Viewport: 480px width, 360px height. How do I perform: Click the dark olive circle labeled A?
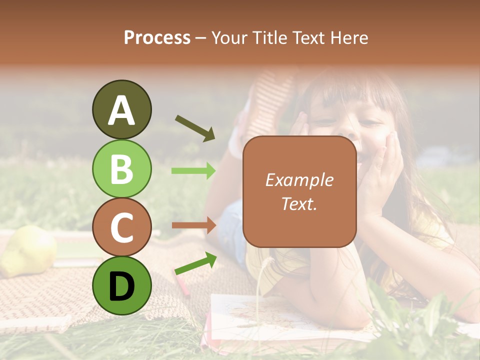121,109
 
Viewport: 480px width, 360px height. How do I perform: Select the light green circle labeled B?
121,168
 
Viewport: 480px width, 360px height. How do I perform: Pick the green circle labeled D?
121,285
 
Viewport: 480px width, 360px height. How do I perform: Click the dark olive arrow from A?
195,128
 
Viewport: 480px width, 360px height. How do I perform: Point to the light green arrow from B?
194,171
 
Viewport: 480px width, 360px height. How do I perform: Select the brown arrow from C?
194,225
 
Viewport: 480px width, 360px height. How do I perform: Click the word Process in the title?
157,38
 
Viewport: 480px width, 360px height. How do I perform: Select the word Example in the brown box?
299,180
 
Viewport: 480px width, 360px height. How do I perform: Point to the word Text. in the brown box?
299,203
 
